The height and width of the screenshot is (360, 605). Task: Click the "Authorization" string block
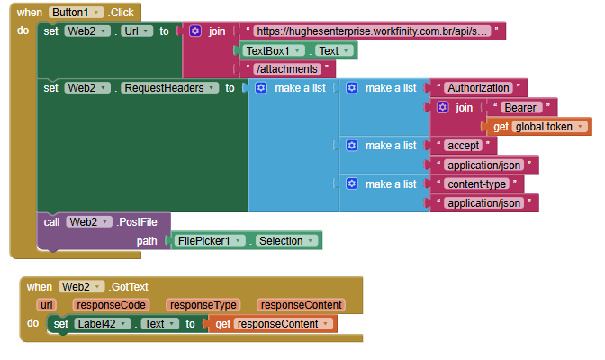click(478, 88)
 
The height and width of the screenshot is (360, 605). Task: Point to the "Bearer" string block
click(522, 107)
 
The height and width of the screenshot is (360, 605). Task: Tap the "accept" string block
click(464, 146)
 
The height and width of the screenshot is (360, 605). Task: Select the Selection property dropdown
click(287, 241)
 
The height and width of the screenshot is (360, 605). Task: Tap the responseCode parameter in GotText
click(111, 305)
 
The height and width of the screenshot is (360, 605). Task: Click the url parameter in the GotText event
click(47, 305)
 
